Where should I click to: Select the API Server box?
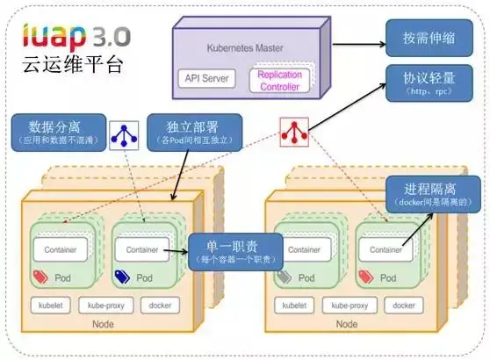pos(207,78)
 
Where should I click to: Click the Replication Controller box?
pos(279,80)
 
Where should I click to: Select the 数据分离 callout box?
pos(57,132)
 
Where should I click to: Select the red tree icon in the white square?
pos(292,133)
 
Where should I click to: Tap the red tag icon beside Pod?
pos(40,277)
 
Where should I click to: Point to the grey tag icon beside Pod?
pos(283,277)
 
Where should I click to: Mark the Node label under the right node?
pos(347,325)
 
